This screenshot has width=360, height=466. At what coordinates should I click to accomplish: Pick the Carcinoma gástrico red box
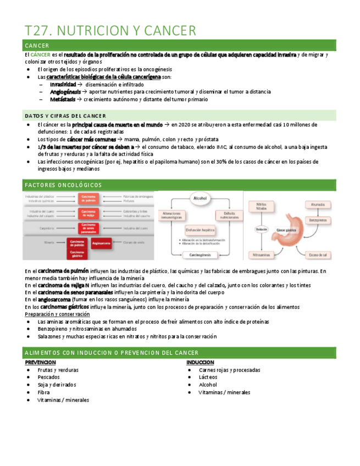(77, 253)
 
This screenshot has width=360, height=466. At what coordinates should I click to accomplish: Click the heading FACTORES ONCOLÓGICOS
(64, 185)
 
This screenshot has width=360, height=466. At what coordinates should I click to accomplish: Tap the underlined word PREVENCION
(40, 363)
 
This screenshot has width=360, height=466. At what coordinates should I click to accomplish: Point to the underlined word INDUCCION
(200, 363)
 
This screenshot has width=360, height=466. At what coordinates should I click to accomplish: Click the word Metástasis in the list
(62, 99)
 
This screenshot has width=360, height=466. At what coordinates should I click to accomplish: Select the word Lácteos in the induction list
(208, 378)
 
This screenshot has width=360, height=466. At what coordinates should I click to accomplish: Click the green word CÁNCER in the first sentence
(40, 54)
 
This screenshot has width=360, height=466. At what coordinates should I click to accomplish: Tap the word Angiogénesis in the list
(65, 92)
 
